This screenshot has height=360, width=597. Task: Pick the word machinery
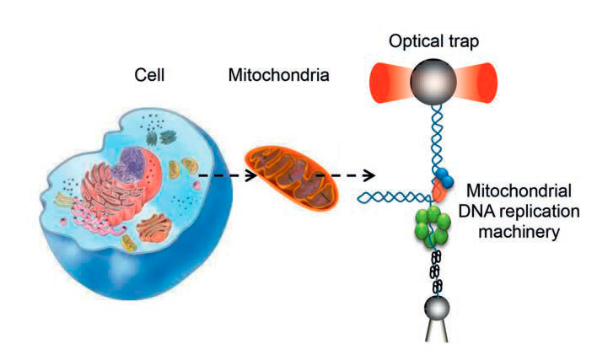(x=518, y=229)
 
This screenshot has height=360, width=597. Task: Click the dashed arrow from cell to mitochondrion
(x=223, y=176)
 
